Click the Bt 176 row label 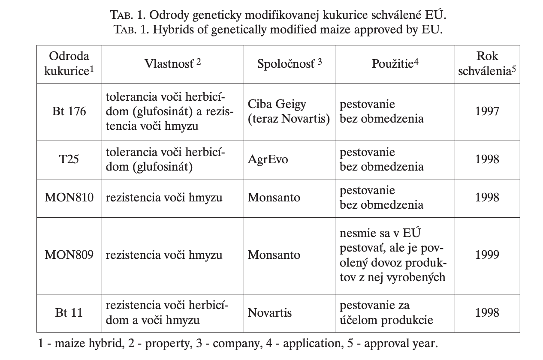tap(69, 111)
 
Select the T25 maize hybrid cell tap(69, 159)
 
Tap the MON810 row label tap(69, 198)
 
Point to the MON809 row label tap(69, 255)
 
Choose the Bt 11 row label tap(69, 312)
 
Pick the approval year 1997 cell tap(487, 111)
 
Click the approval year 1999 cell tap(487, 255)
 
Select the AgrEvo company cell tap(268, 159)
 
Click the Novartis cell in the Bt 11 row tap(269, 312)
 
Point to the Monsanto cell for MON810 tap(274, 198)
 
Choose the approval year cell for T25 tap(487, 159)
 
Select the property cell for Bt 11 tap(167, 312)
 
